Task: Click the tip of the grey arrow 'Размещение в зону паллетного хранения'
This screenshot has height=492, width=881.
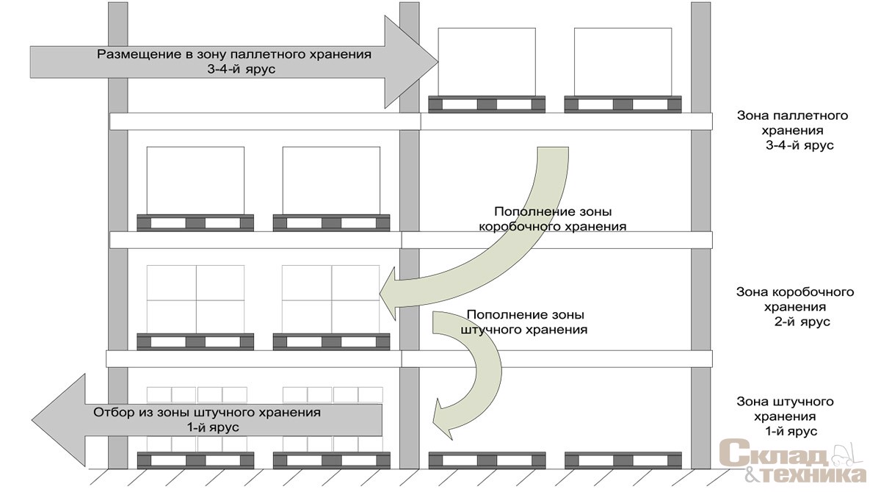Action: pos(438,62)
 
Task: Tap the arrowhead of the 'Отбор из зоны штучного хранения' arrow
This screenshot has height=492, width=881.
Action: pos(32,420)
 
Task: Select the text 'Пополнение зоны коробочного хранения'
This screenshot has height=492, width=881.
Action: pos(553,219)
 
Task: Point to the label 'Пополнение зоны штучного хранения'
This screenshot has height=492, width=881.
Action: pos(524,322)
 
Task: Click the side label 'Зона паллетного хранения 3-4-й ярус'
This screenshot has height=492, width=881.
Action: pos(793,130)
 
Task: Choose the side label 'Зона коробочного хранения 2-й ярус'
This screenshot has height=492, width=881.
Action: pos(795,307)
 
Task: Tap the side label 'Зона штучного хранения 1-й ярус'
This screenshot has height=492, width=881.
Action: pos(785,416)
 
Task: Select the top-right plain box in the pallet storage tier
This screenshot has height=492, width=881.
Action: pos(623,62)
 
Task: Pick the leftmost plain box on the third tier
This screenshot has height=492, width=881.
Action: pos(195,181)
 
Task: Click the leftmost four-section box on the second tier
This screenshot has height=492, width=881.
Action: pos(195,300)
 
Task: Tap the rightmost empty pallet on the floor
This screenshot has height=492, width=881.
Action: pos(623,460)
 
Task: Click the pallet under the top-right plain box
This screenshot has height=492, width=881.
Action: pos(623,104)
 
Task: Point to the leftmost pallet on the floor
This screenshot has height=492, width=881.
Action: pos(195,460)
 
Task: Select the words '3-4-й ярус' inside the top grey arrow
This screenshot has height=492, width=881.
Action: pos(242,70)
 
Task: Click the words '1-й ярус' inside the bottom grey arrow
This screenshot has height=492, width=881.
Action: pos(213,427)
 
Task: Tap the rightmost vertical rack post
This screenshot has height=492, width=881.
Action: pos(700,235)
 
